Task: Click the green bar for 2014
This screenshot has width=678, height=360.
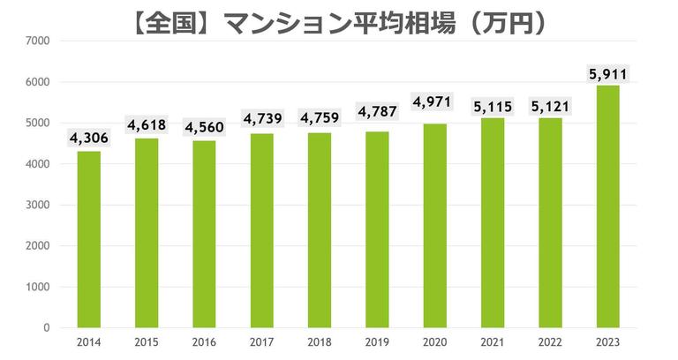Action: (89, 239)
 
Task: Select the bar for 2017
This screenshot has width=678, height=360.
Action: (262, 230)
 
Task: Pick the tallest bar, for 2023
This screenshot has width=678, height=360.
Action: (608, 206)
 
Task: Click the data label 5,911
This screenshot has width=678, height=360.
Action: (608, 72)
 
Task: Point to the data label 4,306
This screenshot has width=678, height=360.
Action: (89, 138)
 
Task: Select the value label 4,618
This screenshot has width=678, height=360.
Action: (147, 125)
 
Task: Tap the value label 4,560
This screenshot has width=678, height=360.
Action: (205, 127)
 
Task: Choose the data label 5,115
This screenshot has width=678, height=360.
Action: (493, 105)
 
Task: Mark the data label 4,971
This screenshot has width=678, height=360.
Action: (435, 102)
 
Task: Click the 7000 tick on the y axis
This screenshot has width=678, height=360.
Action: (39, 41)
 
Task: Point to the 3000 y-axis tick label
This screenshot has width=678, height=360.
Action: (39, 205)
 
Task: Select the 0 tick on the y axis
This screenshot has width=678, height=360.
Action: (47, 327)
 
